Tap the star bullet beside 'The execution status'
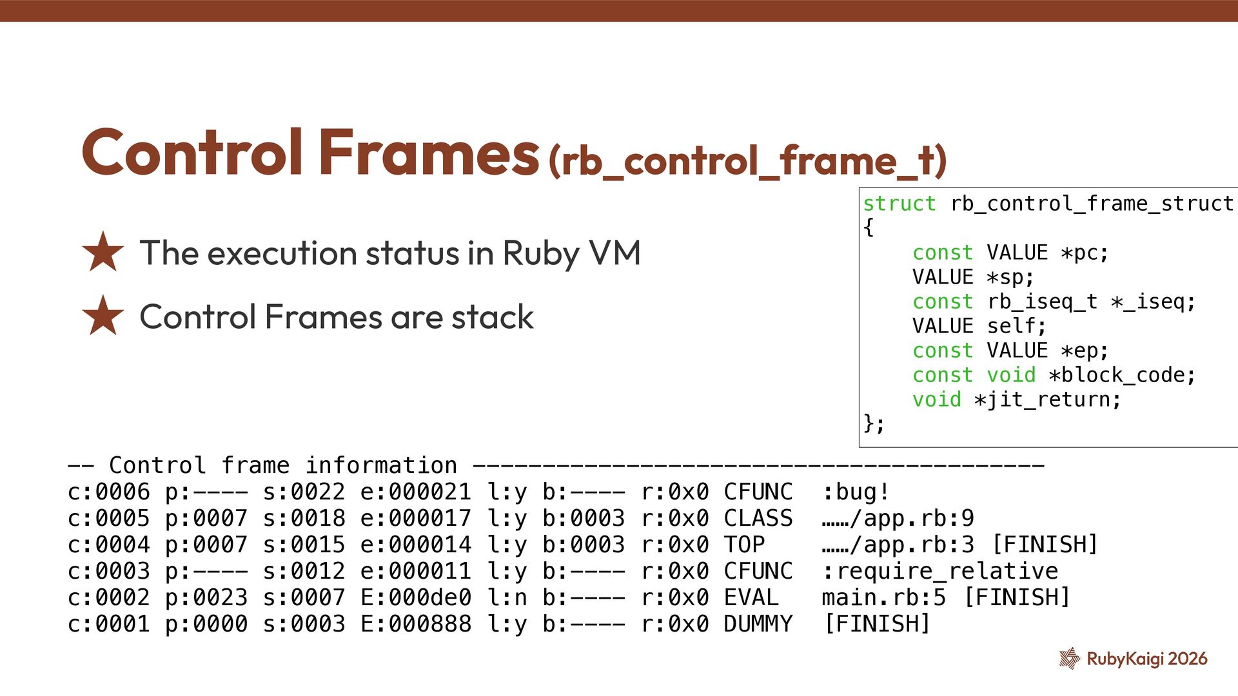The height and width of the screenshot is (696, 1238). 103,252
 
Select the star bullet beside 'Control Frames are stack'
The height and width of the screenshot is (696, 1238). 103,316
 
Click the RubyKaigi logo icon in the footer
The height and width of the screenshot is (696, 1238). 1069,658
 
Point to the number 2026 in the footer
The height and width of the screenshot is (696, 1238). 1188,659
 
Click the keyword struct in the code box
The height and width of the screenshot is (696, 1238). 899,204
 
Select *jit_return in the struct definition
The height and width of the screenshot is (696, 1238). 1048,400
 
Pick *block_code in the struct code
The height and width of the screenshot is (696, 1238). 1122,375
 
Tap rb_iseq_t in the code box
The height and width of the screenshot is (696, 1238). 1042,302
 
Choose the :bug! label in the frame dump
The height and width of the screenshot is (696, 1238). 856,492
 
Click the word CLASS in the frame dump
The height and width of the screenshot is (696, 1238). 758,519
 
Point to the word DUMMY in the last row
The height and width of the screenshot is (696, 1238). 758,624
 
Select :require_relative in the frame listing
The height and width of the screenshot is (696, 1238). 940,571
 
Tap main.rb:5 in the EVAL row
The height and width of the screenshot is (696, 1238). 884,597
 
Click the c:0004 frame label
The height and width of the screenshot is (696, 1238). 108,545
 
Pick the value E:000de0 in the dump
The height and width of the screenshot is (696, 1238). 416,597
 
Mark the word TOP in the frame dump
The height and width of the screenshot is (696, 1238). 744,545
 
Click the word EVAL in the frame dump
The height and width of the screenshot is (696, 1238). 751,597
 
